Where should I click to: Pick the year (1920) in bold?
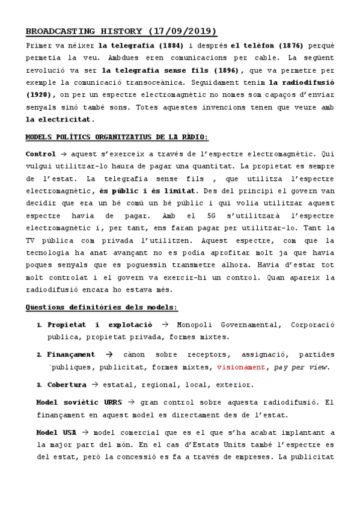(40, 95)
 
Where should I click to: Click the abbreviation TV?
(31, 240)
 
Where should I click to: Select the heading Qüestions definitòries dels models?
(102, 308)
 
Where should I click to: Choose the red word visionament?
(240, 367)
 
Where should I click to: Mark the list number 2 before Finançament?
(39, 355)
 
